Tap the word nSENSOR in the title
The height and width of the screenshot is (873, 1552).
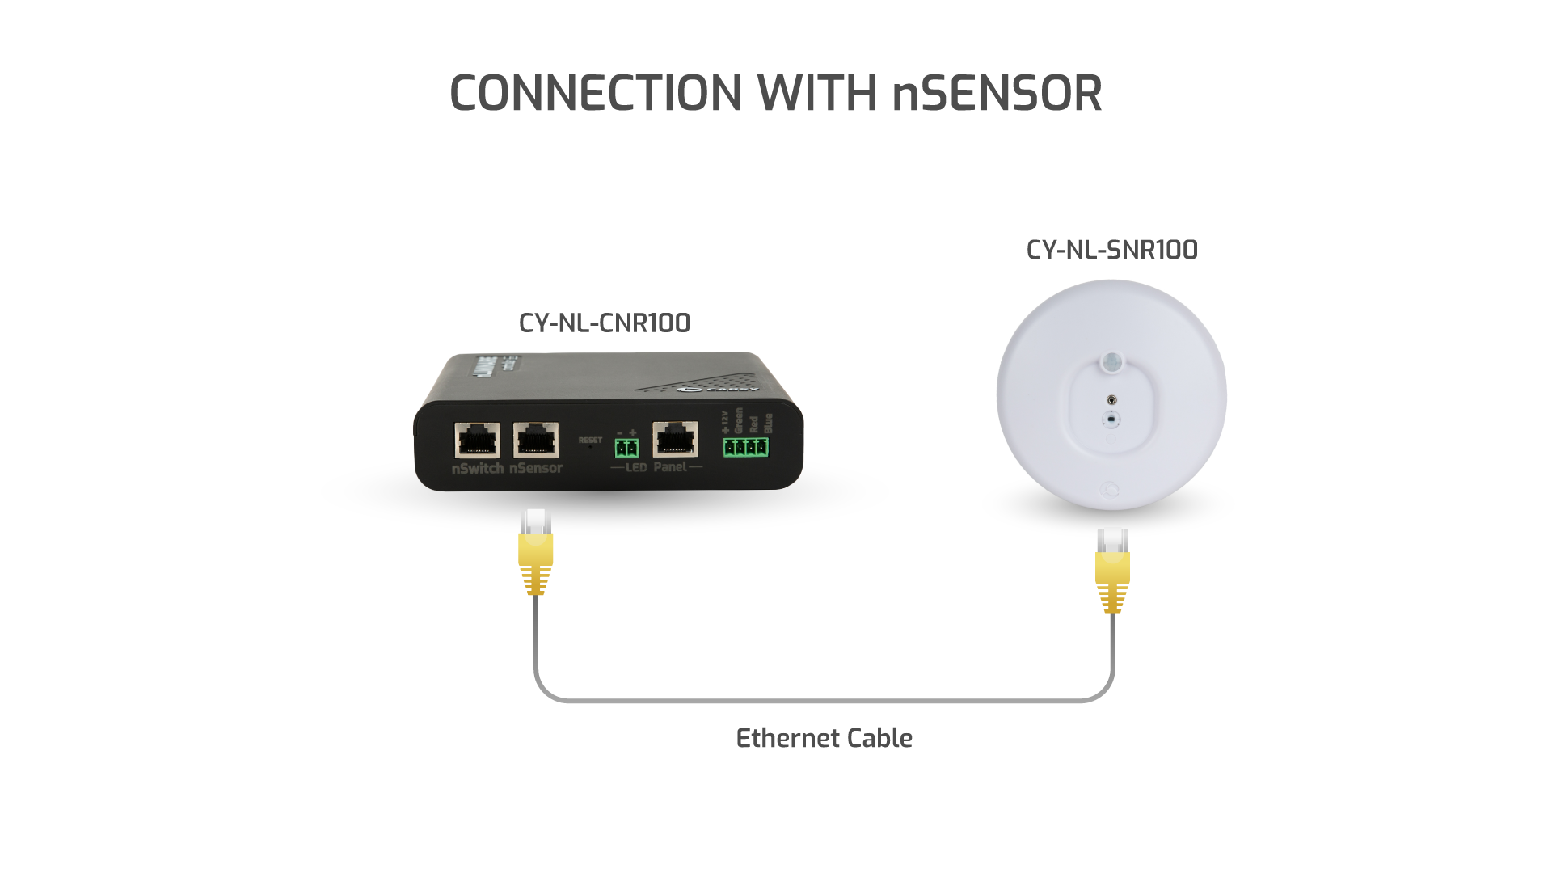click(997, 93)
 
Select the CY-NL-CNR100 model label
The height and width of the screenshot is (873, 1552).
click(605, 323)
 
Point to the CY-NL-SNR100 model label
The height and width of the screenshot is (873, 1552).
click(1111, 250)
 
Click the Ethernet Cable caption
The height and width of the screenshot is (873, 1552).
click(824, 738)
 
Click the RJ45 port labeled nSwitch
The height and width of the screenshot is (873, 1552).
click(477, 441)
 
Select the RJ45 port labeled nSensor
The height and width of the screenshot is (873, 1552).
click(535, 441)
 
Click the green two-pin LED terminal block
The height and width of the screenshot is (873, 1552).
click(626, 448)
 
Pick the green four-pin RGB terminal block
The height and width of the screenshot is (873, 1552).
click(745, 446)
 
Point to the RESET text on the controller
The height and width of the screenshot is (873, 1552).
click(590, 440)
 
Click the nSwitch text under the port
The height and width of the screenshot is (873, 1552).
click(478, 468)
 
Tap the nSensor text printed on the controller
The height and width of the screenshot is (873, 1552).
click(536, 468)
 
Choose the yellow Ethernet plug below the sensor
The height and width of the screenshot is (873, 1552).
click(1112, 569)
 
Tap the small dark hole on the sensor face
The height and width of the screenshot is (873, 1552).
click(1112, 399)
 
